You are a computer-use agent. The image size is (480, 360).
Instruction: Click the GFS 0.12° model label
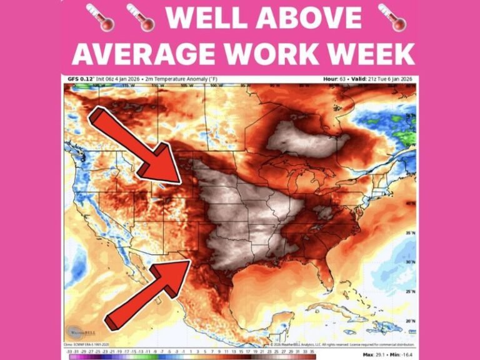[x=79, y=79]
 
